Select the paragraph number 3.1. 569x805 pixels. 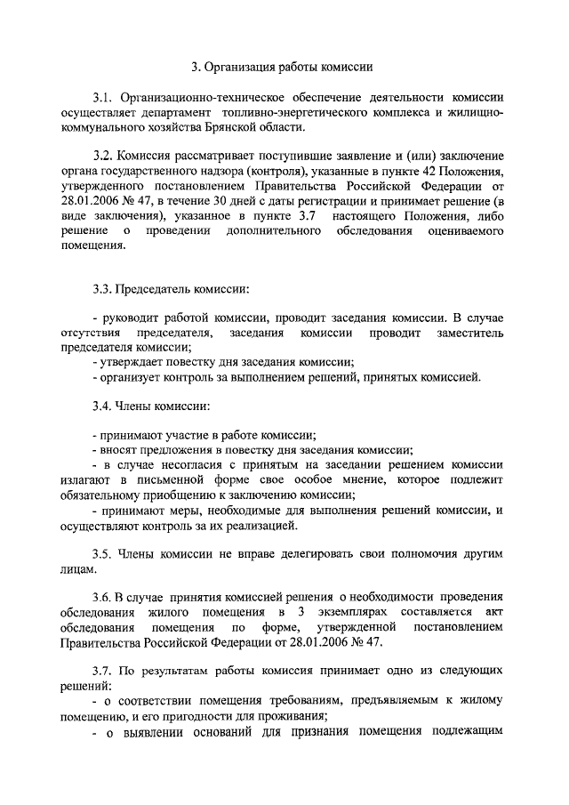pyautogui.click(x=103, y=98)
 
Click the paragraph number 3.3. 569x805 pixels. pyautogui.click(x=103, y=289)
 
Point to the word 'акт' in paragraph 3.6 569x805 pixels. pyautogui.click(x=495, y=612)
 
